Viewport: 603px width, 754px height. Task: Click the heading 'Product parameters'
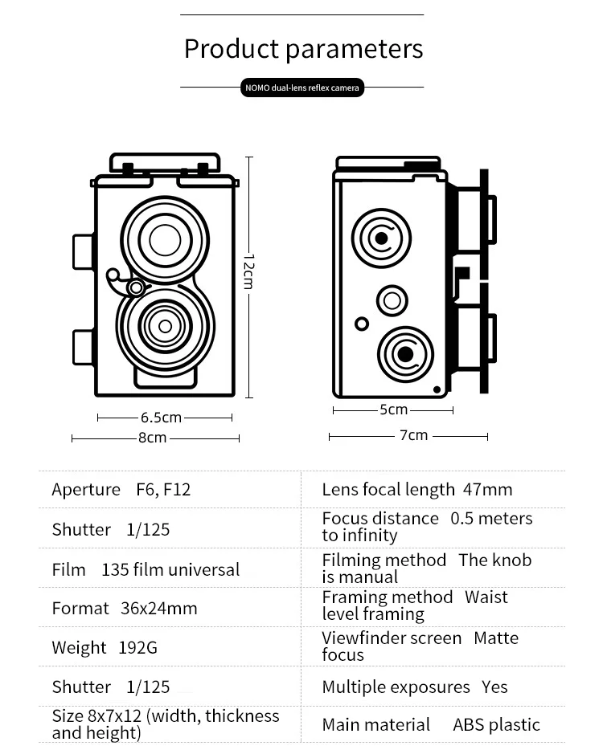(303, 49)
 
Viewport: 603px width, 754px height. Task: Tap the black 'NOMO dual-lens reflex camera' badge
(302, 88)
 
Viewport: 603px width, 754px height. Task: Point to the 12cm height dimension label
(248, 272)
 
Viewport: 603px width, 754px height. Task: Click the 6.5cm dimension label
(161, 418)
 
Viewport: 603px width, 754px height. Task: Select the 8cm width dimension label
(152, 438)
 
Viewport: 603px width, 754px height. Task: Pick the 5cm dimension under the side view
(393, 410)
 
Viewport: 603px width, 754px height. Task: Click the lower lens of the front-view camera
(165, 326)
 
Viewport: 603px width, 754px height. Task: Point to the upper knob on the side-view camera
(381, 238)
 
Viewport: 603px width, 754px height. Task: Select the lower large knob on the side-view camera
(405, 353)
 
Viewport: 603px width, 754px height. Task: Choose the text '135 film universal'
(170, 570)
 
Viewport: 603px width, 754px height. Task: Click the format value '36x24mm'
(158, 609)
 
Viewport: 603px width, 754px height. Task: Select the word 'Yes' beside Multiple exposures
(495, 687)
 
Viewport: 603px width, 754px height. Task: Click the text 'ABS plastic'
(496, 725)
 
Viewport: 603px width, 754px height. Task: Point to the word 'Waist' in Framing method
(486, 597)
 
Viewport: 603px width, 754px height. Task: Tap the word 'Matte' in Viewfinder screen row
(496, 638)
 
